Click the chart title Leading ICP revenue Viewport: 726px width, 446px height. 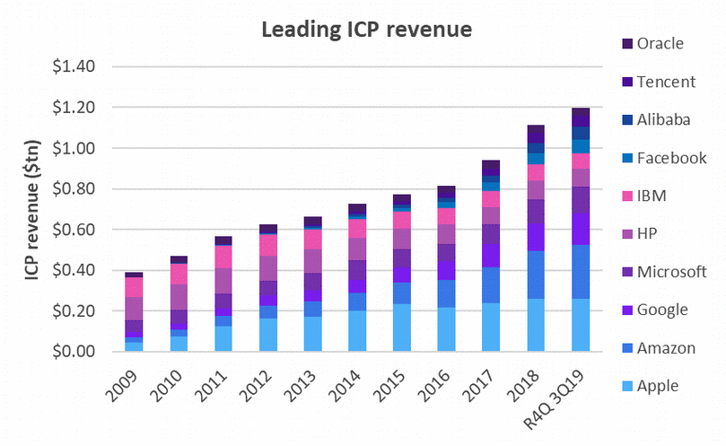366,30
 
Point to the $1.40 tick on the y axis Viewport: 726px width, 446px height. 83,66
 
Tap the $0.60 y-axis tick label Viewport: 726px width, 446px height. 83,230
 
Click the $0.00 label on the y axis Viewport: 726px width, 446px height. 83,352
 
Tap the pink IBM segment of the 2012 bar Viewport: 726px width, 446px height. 268,245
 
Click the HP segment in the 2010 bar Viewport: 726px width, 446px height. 179,297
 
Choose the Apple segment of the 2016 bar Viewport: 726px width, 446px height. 447,329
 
